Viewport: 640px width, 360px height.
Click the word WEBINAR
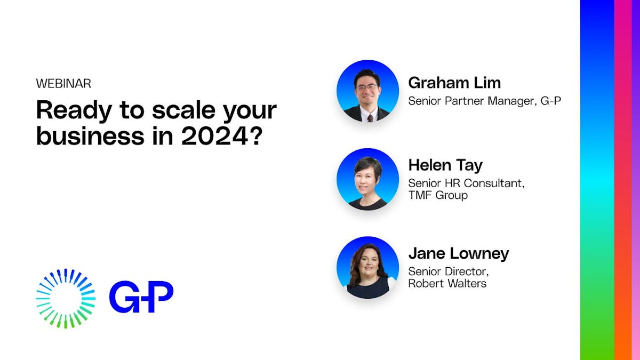point(63,84)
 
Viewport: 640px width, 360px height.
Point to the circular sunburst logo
point(66,298)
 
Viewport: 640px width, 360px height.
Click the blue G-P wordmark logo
point(141,298)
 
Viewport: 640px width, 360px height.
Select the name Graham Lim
point(454,83)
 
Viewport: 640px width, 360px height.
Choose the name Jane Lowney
point(459,253)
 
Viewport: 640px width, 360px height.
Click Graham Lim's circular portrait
point(367,91)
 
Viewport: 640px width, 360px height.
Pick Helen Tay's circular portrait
point(367,179)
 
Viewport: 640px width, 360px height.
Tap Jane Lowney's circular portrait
point(367,267)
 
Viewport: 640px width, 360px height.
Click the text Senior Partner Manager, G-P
point(484,100)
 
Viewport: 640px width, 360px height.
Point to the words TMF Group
point(438,195)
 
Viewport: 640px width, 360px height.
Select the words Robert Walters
point(447,283)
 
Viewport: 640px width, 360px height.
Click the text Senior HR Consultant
point(466,183)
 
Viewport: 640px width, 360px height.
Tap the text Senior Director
point(446,271)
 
